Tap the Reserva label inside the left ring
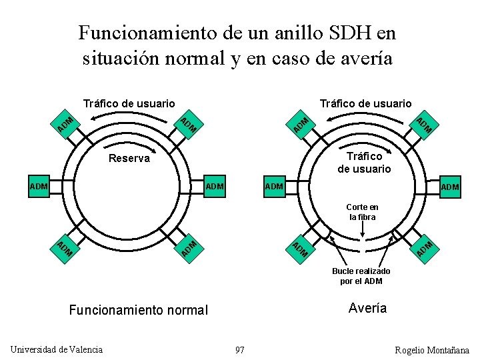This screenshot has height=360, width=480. coord(129,159)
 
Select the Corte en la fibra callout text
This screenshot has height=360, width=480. coord(362,212)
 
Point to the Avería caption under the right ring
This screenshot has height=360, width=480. coord(367,308)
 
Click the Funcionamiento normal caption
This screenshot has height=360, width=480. coord(139,310)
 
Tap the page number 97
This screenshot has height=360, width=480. coord(240,350)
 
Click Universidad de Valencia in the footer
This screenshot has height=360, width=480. coord(57,349)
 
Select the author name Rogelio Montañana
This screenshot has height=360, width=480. coord(432,350)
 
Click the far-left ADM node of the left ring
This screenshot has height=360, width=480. coord(39,186)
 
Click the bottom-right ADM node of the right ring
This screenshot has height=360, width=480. coord(425,248)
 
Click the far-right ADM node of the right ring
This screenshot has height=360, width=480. coord(450,187)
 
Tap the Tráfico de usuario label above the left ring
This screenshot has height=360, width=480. coord(129,103)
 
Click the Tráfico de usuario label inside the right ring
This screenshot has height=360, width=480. coord(364,162)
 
